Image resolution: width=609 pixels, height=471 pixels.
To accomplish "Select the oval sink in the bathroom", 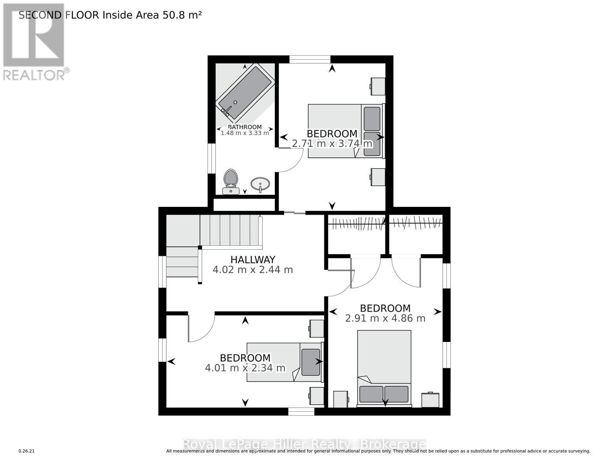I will pyautogui.click(x=260, y=184).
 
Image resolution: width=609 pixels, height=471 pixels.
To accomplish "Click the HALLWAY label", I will pyautogui.click(x=253, y=259).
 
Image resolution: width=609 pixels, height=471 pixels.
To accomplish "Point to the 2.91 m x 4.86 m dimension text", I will pyautogui.click(x=385, y=318).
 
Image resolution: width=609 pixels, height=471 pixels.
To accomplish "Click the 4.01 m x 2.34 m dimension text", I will pyautogui.click(x=245, y=368).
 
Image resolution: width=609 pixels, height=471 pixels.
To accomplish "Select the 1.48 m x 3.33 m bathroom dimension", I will pyautogui.click(x=245, y=133).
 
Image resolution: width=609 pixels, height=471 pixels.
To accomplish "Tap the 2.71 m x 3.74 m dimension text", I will pyautogui.click(x=332, y=144).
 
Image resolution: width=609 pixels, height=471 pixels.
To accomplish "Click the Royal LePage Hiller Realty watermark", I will pyautogui.click(x=304, y=444).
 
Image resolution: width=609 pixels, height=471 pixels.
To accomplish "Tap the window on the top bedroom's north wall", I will pyautogui.click(x=310, y=59).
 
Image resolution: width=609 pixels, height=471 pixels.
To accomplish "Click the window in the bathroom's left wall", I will pyautogui.click(x=211, y=158).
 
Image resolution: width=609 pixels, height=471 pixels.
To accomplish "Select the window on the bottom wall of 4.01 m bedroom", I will pyautogui.click(x=301, y=411).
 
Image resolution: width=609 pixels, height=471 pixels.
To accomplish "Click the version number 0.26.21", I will pyautogui.click(x=27, y=451).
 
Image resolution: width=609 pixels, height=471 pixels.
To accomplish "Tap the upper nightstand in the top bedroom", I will pyautogui.click(x=378, y=86).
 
